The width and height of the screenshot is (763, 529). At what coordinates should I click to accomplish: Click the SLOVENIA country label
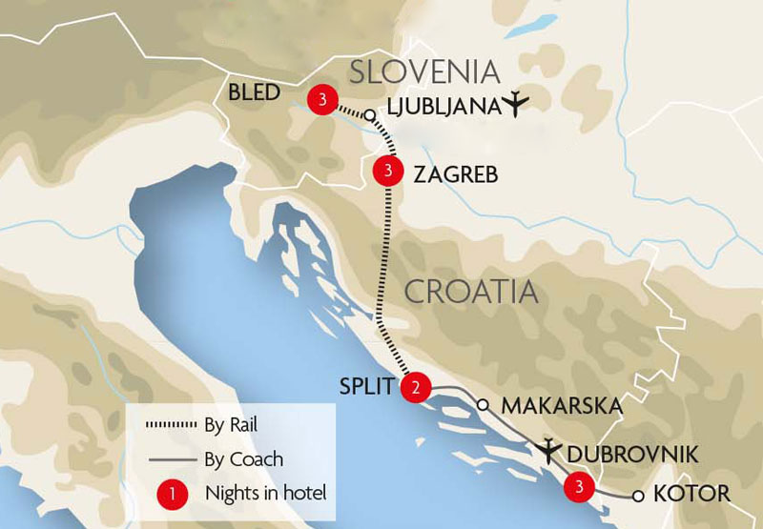click(x=424, y=71)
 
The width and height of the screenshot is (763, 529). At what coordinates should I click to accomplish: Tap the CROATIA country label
click(x=471, y=292)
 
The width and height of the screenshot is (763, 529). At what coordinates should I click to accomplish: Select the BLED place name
click(x=255, y=93)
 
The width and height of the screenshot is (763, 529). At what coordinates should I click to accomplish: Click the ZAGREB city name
click(x=456, y=174)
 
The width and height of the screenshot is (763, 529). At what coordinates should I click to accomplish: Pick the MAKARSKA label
click(x=562, y=406)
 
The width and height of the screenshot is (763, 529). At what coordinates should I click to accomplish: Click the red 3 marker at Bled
click(x=320, y=98)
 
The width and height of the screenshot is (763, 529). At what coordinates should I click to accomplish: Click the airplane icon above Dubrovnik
click(x=551, y=447)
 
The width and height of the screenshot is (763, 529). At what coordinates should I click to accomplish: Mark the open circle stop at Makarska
click(x=483, y=403)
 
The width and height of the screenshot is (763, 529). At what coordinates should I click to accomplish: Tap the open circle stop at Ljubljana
click(x=369, y=115)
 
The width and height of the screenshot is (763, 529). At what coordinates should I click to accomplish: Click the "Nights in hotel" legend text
click(x=266, y=494)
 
